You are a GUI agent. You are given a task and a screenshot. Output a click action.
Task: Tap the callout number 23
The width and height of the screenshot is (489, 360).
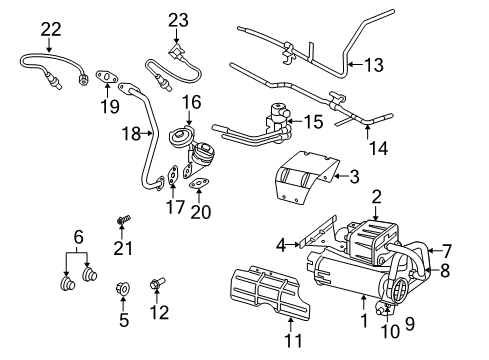tap(177, 19)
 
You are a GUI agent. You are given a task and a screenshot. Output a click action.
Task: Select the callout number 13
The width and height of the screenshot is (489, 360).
tap(373, 66)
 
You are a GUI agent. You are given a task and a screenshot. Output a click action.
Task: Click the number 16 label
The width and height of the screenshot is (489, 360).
tap(191, 101)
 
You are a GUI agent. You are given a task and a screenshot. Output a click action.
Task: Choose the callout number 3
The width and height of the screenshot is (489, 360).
tap(353, 178)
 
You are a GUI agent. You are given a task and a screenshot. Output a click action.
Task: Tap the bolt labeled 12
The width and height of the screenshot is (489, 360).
tap(157, 285)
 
